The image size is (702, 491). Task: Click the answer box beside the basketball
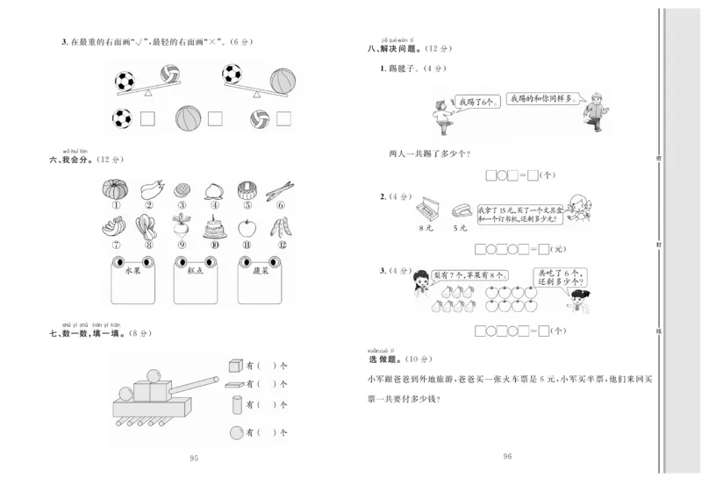(x=211, y=117)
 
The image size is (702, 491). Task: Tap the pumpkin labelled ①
(x=114, y=189)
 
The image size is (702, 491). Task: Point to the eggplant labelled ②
(x=147, y=189)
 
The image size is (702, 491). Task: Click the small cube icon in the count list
(x=235, y=365)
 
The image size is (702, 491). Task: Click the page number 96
(x=507, y=456)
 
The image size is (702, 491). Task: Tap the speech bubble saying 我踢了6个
(x=476, y=102)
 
